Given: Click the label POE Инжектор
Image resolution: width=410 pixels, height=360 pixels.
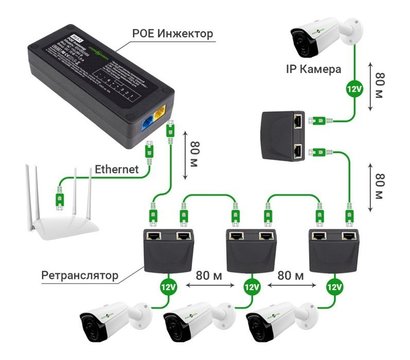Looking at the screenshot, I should coord(173,33).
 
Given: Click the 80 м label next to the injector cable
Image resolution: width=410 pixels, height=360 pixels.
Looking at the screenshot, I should coord(193,159).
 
